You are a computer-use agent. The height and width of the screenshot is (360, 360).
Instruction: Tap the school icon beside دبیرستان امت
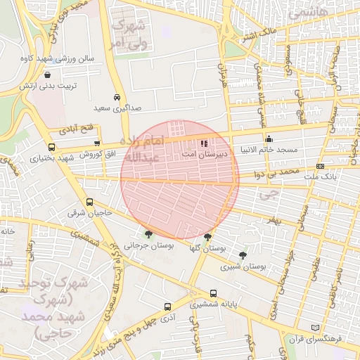[x=204, y=144]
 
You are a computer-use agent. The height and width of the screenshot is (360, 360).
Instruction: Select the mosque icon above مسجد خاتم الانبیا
[x=269, y=139]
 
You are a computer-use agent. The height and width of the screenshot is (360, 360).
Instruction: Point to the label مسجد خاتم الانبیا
[x=270, y=150]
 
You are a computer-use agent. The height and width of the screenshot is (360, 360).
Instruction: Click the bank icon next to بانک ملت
[x=321, y=167]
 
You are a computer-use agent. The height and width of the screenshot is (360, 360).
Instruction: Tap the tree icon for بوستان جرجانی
[x=148, y=234]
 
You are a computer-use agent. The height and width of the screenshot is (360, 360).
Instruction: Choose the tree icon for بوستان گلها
[x=207, y=238]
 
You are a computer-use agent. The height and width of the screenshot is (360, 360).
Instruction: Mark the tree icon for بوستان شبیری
[x=243, y=255]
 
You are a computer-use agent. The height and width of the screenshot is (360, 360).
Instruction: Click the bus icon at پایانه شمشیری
[x=213, y=293]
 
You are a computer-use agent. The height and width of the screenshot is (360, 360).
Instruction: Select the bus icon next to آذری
[x=167, y=307]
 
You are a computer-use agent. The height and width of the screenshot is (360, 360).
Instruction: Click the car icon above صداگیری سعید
[x=116, y=98]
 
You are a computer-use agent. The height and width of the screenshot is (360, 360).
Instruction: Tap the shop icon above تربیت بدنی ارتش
[x=46, y=75]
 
